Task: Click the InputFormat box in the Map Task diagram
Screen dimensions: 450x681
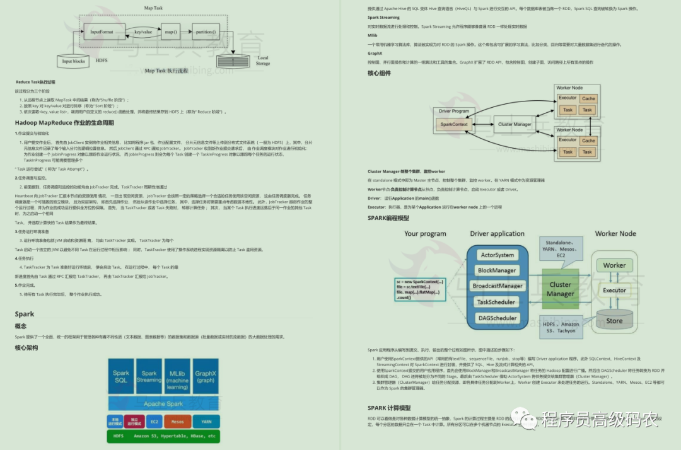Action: click(102, 32)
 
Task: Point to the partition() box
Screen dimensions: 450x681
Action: click(205, 32)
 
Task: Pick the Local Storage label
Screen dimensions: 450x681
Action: click(263, 61)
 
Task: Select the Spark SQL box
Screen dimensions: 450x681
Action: click(120, 377)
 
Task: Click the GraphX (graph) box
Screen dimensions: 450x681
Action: click(206, 377)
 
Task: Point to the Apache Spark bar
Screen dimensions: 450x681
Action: click(163, 403)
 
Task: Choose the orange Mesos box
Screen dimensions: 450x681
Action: click(178, 421)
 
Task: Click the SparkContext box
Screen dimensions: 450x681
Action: click(454, 125)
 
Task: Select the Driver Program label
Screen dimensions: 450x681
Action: click(453, 112)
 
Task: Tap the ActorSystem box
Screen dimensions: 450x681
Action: click(498, 255)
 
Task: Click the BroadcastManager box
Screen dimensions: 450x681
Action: click(498, 286)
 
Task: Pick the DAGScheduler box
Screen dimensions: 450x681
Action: click(498, 318)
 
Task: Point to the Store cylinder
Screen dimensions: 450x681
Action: click(614, 319)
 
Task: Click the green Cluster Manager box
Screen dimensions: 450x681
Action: click(560, 289)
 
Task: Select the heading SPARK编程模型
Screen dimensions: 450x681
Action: click(388, 218)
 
